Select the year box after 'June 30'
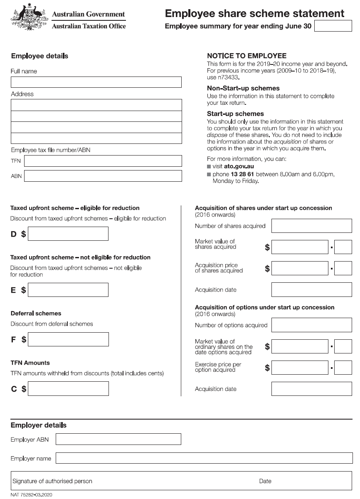coord(333,26)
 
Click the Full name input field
coord(96,82)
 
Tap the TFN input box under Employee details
coord(103,161)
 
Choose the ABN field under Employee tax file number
coord(103,176)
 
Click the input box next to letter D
coord(68,234)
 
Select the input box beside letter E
coord(68,290)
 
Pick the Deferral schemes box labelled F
coord(69,339)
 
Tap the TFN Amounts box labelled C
coord(69,389)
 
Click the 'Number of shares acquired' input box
coord(311,226)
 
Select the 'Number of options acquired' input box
coord(311,325)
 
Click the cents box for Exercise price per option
coord(343,368)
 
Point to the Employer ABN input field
coord(118,439)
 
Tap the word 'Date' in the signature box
coord(265,481)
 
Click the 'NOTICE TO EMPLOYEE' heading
coord(247,56)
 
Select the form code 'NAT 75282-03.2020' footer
coord(31,495)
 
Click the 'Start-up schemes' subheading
coord(235,114)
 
